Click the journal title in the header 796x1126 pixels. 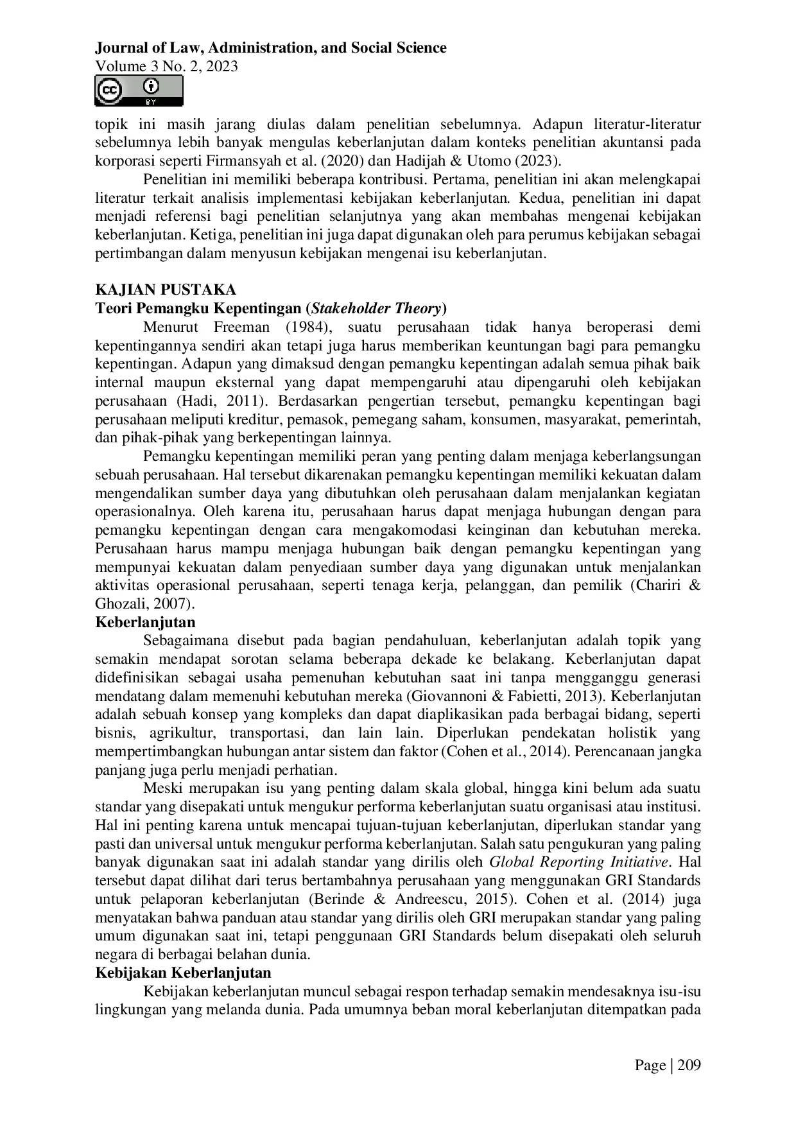tap(270, 48)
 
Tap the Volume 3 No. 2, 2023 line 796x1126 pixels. tap(166, 66)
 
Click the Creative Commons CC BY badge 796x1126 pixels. tap(139, 91)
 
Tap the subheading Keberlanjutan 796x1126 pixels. tap(145, 622)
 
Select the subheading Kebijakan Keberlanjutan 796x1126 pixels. tap(183, 972)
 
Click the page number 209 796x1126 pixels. tap(688, 1066)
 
